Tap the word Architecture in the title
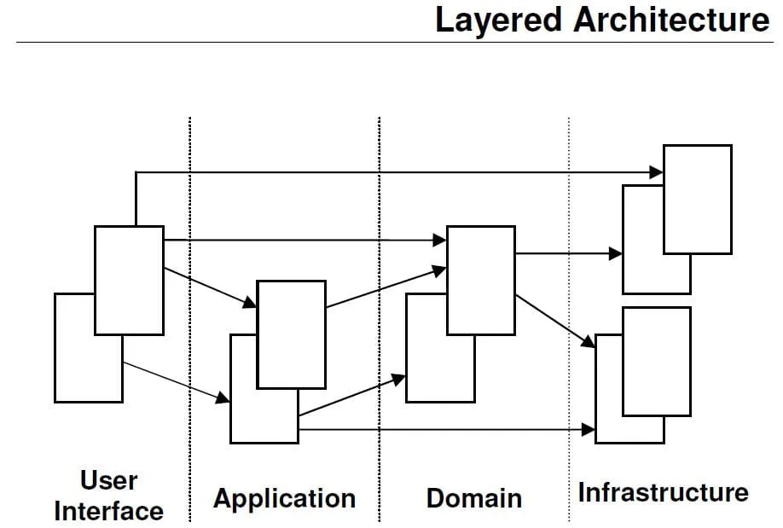click(672, 20)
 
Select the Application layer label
click(284, 498)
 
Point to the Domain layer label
click(474, 498)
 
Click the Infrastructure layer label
click(663, 492)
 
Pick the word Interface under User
click(108, 511)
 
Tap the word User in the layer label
click(108, 480)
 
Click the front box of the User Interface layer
click(129, 280)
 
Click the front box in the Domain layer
click(481, 280)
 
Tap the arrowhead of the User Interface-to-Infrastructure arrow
click(657, 172)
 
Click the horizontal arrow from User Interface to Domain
click(299, 241)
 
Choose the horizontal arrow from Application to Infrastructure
click(444, 430)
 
